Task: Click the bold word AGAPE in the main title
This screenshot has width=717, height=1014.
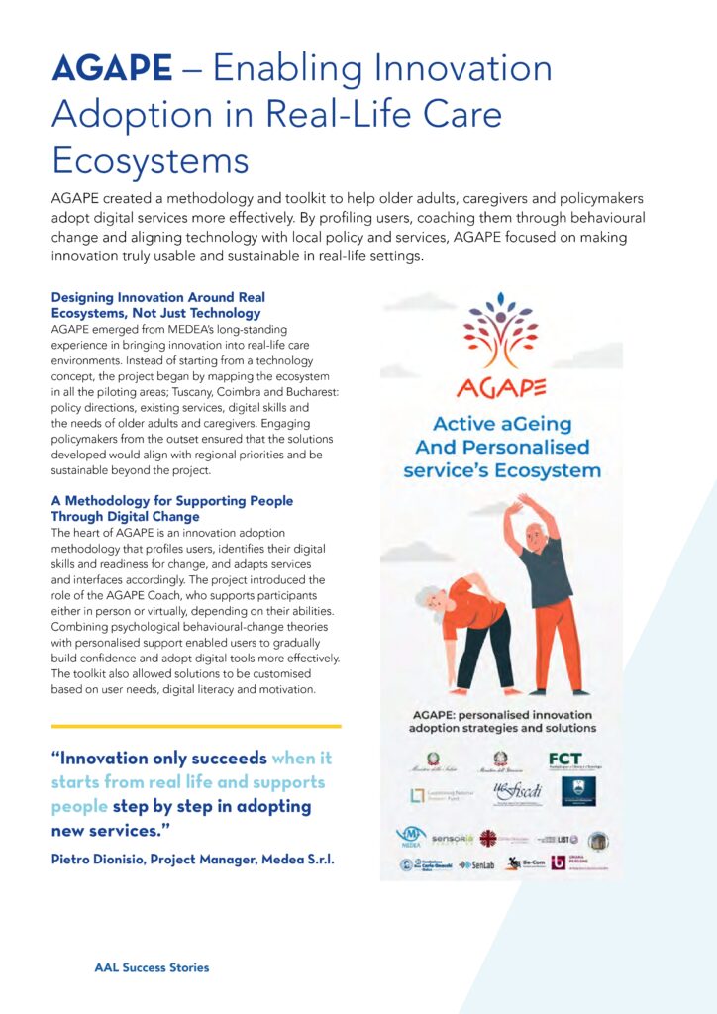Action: [112, 68]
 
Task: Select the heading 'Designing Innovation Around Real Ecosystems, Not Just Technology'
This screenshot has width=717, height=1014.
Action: [157, 304]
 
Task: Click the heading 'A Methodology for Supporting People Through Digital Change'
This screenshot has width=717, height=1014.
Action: [171, 508]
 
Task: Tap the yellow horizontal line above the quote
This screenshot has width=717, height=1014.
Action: [195, 726]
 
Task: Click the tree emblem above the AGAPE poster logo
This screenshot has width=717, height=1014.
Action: [500, 328]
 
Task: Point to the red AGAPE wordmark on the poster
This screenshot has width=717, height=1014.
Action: [501, 384]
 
